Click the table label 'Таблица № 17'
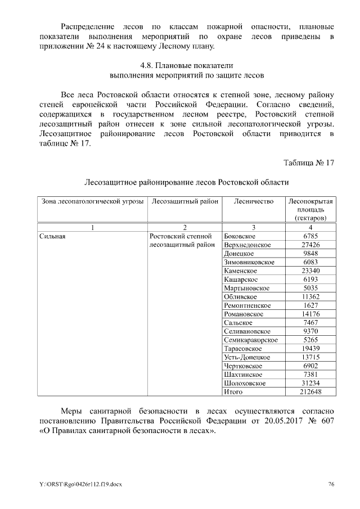pyautogui.click(x=309, y=163)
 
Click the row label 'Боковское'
pyautogui.click(x=240, y=236)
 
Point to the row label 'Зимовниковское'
pyautogui.click(x=249, y=262)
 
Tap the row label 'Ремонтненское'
pyautogui.click(x=247, y=305)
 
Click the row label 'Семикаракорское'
pyautogui.click(x=250, y=340)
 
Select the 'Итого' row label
pyautogui.click(x=233, y=391)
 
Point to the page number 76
pyautogui.click(x=331, y=484)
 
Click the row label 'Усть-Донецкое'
pyautogui.click(x=247, y=357)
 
